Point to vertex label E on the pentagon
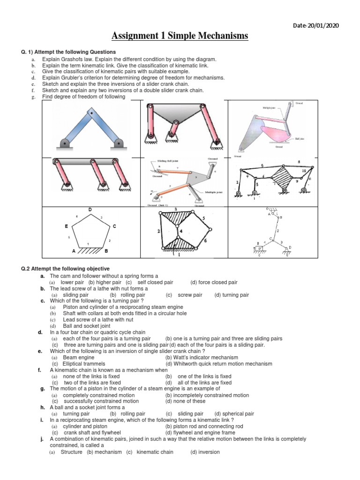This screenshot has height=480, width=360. pos(67,226)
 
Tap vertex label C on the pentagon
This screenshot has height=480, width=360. pos(114,226)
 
